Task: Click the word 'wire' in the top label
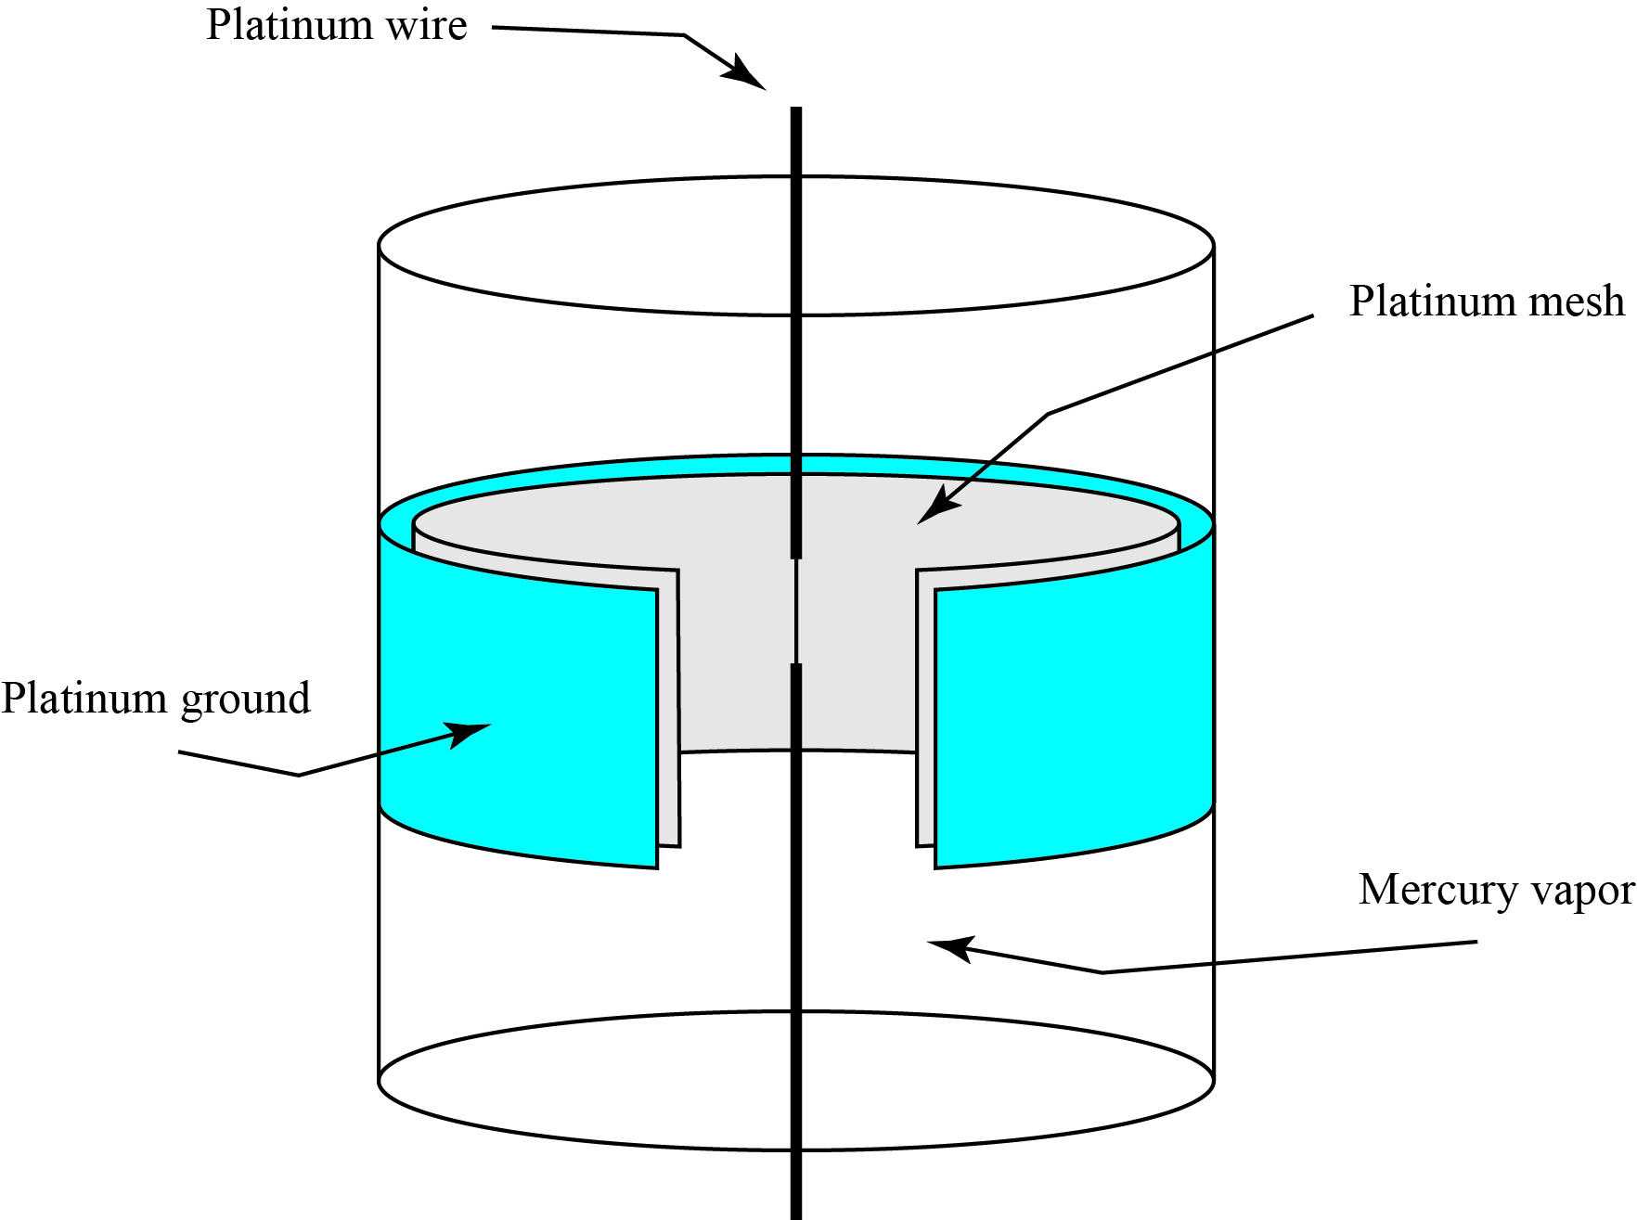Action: click(x=426, y=25)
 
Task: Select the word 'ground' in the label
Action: click(x=246, y=700)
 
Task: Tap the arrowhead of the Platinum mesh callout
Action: click(x=933, y=510)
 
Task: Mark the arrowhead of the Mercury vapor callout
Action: click(x=947, y=947)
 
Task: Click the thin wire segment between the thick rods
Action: click(x=795, y=610)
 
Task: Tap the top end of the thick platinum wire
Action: click(x=795, y=111)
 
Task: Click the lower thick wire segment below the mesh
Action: click(x=795, y=928)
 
